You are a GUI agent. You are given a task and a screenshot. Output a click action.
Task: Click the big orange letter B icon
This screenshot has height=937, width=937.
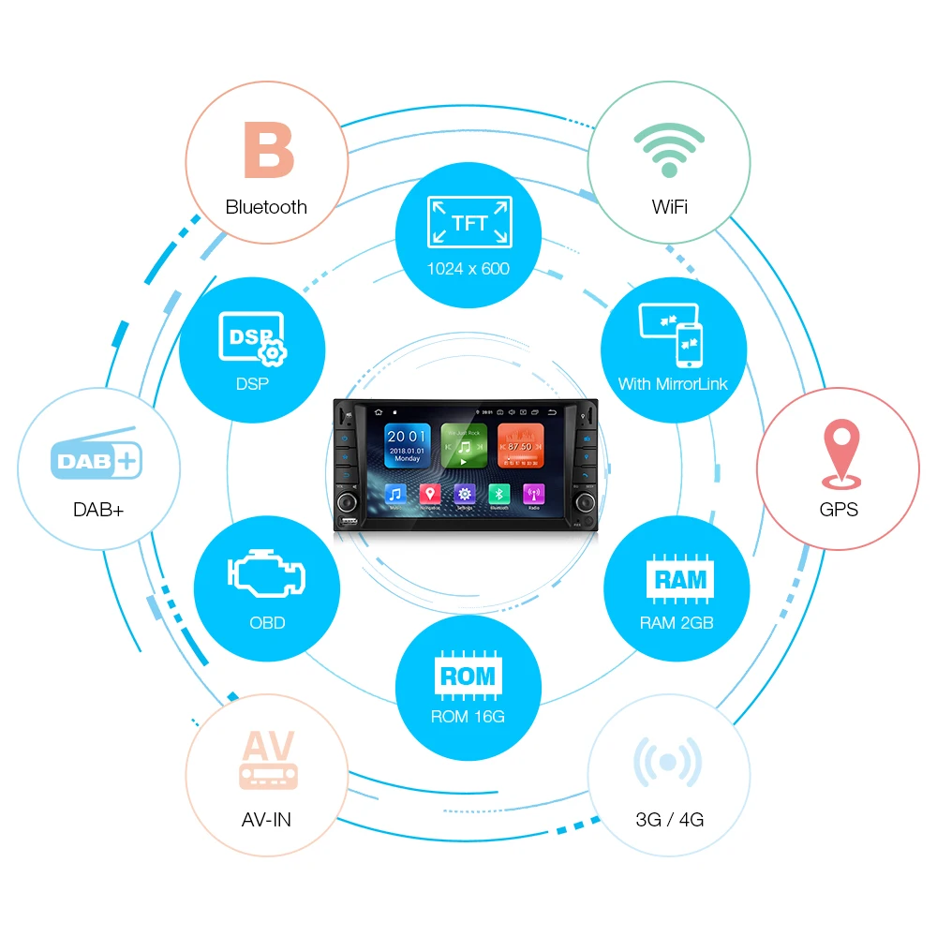[268, 151]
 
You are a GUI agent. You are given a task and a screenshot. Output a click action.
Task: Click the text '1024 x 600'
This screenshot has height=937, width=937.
[468, 269]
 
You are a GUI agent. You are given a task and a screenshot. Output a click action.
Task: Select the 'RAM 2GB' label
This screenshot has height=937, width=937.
[677, 623]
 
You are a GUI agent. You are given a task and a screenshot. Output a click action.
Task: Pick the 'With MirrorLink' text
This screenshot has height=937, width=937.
[673, 384]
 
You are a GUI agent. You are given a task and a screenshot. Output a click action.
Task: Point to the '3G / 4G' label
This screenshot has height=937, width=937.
[669, 820]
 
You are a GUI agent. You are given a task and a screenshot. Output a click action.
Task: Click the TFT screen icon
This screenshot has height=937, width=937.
[468, 223]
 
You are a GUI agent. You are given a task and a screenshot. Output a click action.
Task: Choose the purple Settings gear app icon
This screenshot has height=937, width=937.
[464, 495]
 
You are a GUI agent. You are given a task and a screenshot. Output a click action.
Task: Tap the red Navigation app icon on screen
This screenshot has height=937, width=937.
[429, 495]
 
